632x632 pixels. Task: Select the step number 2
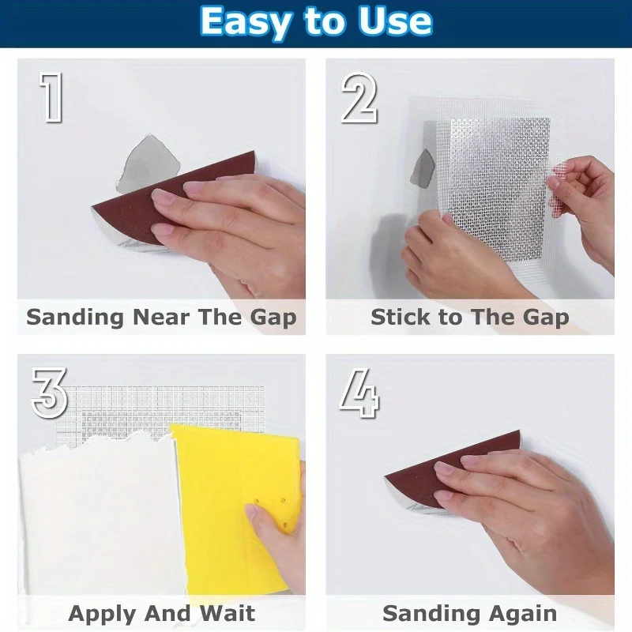[x=359, y=99]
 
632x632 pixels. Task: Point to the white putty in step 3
[x=95, y=513]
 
